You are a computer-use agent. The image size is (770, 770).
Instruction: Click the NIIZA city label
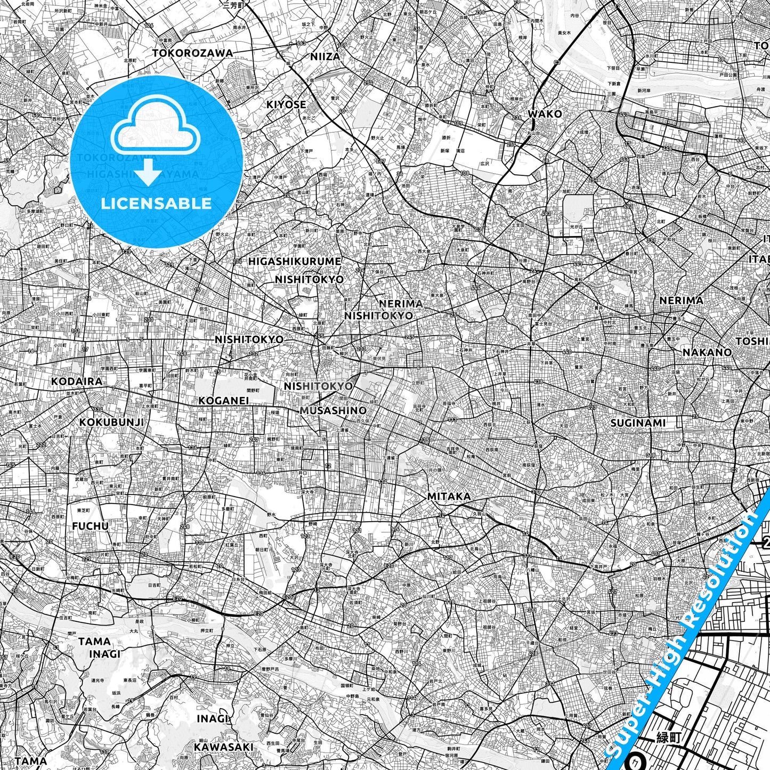tap(325, 56)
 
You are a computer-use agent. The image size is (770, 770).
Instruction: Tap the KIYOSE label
tap(286, 104)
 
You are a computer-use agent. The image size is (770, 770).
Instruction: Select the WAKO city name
tap(545, 114)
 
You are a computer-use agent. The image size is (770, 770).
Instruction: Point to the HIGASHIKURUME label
tap(295, 262)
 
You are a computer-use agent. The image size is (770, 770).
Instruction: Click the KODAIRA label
tap(77, 382)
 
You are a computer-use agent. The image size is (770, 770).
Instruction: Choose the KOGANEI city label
tap(224, 400)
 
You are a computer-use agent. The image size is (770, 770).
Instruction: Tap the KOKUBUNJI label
tap(111, 422)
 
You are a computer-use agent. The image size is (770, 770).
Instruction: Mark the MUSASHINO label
tap(333, 410)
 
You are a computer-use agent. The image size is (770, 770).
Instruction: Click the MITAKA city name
tap(449, 497)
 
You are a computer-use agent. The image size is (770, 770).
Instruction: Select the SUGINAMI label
tap(638, 423)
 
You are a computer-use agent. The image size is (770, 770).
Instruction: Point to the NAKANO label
tap(707, 352)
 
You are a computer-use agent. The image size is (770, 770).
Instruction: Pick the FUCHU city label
tap(90, 526)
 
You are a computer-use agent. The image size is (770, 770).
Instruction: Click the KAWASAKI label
tap(223, 747)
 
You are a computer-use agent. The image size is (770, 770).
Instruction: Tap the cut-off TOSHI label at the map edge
tap(752, 341)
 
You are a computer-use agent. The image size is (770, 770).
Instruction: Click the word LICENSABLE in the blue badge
tap(156, 203)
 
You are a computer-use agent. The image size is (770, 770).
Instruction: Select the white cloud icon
tap(155, 130)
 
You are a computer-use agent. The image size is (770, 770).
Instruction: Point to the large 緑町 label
tap(669, 737)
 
